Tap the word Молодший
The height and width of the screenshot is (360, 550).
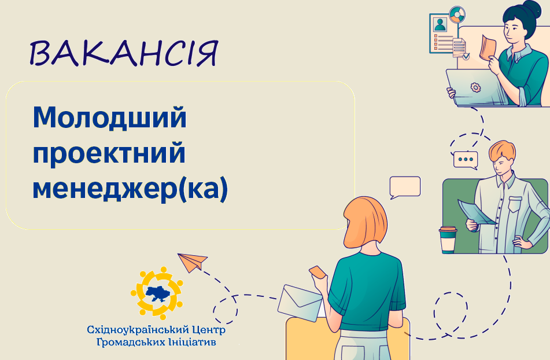pos(109,117)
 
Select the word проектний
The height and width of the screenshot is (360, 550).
pos(109,153)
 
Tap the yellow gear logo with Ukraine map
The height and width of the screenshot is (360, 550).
pos(157,293)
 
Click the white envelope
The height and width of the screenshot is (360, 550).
pos(300,303)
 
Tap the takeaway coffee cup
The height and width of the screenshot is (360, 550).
pos(448,240)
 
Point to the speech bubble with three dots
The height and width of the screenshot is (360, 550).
pos(466,160)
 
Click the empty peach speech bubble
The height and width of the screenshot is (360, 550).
pos(405,187)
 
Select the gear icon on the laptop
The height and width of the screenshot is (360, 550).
pos(475,87)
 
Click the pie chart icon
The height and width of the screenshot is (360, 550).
pos(457,14)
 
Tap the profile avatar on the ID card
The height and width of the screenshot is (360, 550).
pos(440,24)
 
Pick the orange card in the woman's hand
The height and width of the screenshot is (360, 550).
pos(318,272)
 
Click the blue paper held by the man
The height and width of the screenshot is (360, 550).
pos(477,212)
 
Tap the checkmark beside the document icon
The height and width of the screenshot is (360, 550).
pos(466,56)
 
